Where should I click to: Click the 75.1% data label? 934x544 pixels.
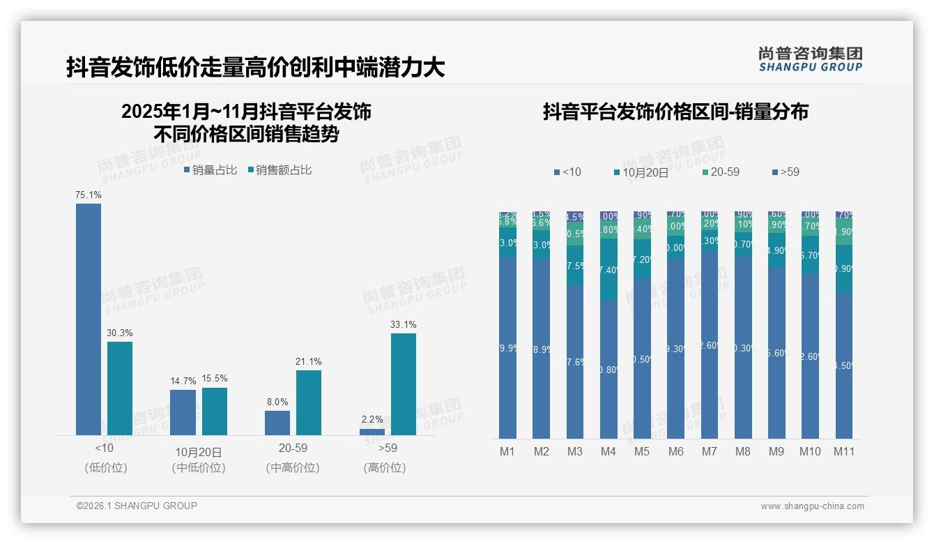(x=89, y=195)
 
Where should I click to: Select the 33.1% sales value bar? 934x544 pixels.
(x=403, y=384)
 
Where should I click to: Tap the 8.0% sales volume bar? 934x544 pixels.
(x=277, y=423)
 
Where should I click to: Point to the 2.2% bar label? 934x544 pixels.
(x=372, y=419)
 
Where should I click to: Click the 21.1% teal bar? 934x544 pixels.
(x=309, y=402)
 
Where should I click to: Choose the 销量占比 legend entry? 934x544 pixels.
(x=210, y=169)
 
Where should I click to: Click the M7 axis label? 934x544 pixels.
(x=709, y=451)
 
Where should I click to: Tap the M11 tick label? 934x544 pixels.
(x=844, y=451)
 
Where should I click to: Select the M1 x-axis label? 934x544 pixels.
(x=507, y=451)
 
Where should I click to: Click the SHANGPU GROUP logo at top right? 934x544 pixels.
(x=811, y=59)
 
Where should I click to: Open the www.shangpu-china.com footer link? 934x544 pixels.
(x=812, y=506)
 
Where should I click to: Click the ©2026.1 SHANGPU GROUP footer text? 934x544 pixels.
(x=137, y=506)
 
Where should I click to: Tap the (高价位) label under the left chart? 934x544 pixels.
(x=385, y=468)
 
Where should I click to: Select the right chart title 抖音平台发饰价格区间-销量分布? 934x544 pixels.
(x=675, y=112)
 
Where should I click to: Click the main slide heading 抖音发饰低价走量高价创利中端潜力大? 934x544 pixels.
(x=255, y=68)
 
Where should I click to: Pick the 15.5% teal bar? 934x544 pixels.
(x=215, y=411)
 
